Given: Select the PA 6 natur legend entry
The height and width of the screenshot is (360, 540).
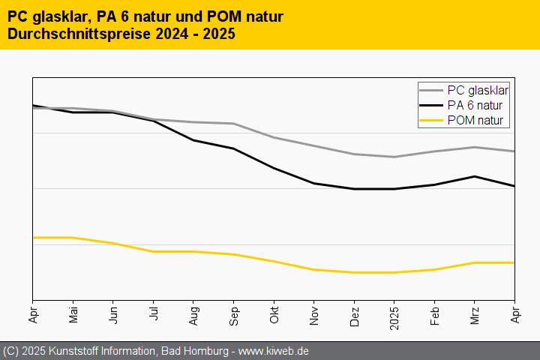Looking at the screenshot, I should (x=475, y=106).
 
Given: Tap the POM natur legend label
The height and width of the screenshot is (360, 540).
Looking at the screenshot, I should (x=475, y=121).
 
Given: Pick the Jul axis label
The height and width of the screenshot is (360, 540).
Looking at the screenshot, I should (x=153, y=313).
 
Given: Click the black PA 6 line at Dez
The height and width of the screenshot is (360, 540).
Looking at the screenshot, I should (x=354, y=189).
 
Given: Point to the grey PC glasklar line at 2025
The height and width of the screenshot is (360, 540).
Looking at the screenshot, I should (x=394, y=157).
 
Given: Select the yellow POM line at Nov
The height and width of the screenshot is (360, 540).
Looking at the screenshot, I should (x=314, y=269).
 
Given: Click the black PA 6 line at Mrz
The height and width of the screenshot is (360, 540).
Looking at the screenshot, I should (x=475, y=176).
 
